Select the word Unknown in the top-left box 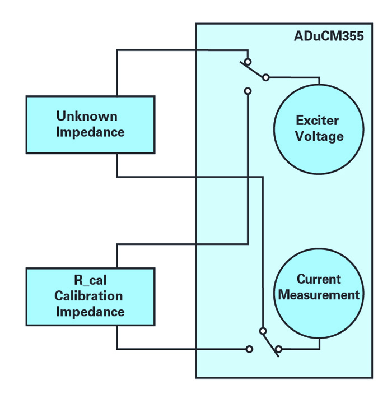pos(87,117)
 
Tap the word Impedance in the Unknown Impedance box pos(90,132)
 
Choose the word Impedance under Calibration pos(90,312)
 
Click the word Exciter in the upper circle pos(318,121)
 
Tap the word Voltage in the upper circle pos(318,136)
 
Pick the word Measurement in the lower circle pos(319,295)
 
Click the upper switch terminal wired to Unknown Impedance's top pos(248,61)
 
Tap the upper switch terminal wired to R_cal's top pos(248,90)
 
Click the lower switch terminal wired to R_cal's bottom pos(249,349)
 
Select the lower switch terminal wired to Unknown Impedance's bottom pos(262,331)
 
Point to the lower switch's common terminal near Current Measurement pos(278,349)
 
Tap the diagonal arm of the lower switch pos(270,340)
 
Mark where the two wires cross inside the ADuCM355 pos(248,177)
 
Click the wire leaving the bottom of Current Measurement pos(319,343)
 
